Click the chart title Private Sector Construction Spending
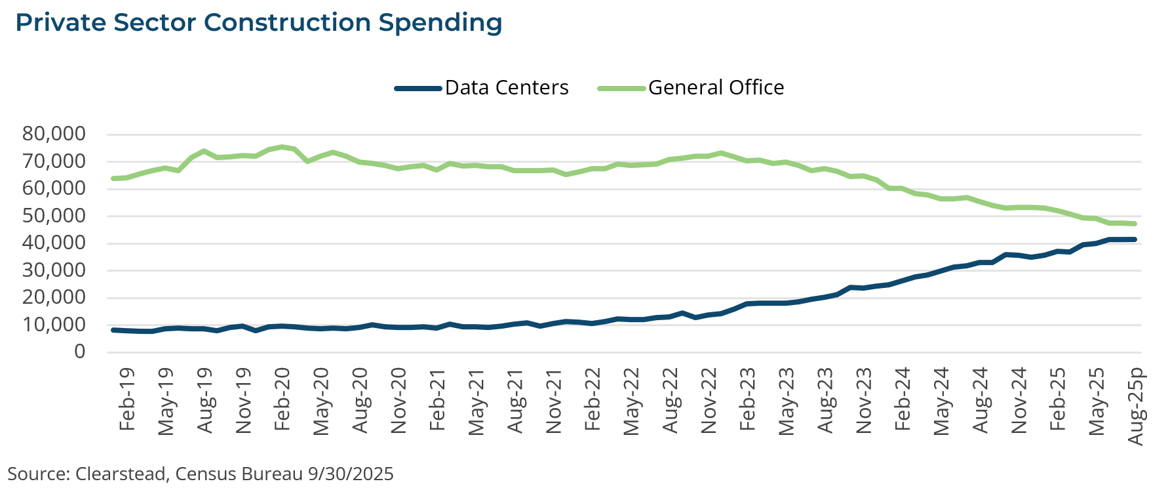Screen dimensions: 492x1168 259,23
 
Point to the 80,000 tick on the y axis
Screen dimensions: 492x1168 54,134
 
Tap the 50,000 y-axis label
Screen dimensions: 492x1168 54,216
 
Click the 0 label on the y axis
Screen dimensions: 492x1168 79,352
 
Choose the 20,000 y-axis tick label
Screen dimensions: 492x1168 54,297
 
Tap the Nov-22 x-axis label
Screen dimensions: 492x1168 709,400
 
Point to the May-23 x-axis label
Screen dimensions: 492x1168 786,400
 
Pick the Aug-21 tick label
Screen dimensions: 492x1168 515,400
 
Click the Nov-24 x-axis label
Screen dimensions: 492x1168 1019,400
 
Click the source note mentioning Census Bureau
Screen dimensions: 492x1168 201,474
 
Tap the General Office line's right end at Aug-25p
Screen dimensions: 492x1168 1135,224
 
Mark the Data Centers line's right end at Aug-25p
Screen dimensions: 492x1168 1135,239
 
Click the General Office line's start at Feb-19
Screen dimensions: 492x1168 113,178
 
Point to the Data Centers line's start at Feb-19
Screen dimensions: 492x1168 113,330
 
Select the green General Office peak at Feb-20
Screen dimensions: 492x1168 282,147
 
